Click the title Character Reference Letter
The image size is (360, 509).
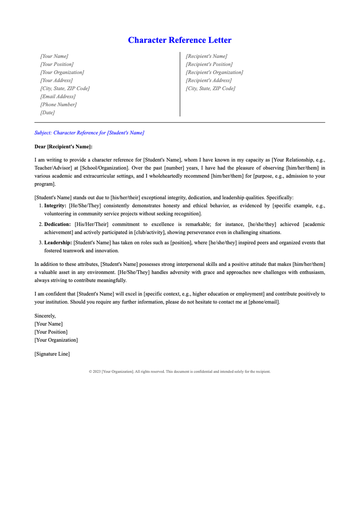179,40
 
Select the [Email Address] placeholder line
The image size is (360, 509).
58,96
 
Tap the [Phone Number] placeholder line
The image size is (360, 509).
58,104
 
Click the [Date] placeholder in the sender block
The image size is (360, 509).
47,112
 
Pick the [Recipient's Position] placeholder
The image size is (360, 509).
209,64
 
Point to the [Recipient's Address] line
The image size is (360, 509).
208,80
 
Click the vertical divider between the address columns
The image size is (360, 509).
180,84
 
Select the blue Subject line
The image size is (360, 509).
89,133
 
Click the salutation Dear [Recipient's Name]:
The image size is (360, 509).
63,147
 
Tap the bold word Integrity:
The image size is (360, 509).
55,206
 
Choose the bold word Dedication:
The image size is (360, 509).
57,224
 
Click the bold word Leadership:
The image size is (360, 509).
58,243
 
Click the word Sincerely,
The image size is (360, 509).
45,316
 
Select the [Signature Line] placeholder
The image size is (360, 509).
52,354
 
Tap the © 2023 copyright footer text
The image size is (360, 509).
179,372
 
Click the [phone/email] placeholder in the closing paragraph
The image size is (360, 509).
264,302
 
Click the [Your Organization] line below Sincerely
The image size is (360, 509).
56,340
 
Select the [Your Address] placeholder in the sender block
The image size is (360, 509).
56,80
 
